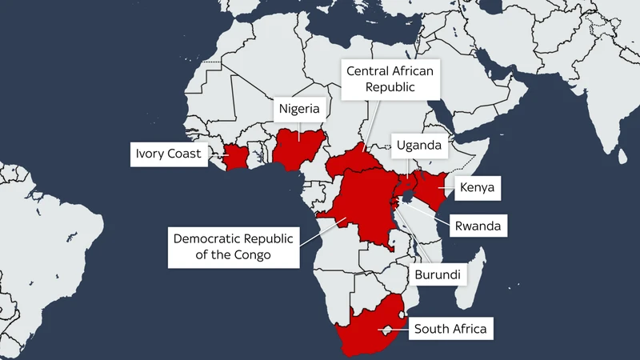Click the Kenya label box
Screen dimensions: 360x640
pyautogui.click(x=478, y=189)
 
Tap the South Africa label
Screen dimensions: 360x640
pyautogui.click(x=449, y=328)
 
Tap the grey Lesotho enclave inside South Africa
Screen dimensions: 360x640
pyautogui.click(x=386, y=329)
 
